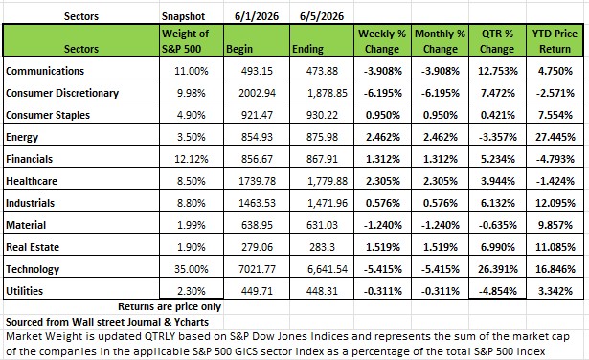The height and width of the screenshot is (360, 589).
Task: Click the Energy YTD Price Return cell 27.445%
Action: pos(555,137)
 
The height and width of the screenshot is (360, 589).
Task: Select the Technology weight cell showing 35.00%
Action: pos(192,269)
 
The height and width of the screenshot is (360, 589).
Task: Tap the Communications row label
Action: pos(45,71)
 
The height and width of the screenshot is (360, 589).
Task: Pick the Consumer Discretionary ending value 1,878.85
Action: pos(328,93)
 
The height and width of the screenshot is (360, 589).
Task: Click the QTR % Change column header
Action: pos(497,41)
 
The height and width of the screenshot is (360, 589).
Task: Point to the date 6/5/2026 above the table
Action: pos(322,16)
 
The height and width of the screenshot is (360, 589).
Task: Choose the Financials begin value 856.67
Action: pos(257,159)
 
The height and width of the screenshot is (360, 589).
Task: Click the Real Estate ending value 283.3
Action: pos(322,247)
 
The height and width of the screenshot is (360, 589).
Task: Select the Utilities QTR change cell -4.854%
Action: pos(498,291)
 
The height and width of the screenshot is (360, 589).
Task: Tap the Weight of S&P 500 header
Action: pos(185,41)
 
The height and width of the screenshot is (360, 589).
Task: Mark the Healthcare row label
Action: pos(32,181)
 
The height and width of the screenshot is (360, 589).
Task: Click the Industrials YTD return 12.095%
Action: pos(555,203)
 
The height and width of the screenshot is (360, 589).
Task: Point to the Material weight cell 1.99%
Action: pos(192,225)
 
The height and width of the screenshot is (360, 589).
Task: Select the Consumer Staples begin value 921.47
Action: pos(257,115)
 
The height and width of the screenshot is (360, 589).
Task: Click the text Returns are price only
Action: pos(170,306)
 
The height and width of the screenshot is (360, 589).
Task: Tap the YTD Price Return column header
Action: pos(555,41)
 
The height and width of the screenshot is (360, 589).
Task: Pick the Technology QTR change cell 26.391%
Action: pos(498,269)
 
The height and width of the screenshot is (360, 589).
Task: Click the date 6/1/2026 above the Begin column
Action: pos(257,16)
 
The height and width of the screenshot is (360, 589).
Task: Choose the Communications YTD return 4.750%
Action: pos(555,71)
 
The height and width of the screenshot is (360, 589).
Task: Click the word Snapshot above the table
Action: pos(183,16)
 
